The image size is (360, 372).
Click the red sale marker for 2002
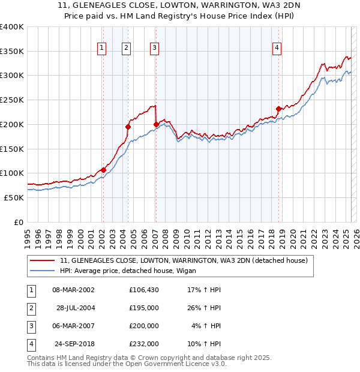tap(103, 170)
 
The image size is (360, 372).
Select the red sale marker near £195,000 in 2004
tap(128, 127)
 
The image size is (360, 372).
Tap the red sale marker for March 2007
tap(156, 124)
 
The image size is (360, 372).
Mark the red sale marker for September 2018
tap(278, 109)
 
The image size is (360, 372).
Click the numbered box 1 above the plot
tap(102, 49)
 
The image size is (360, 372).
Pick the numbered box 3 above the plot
tap(154, 49)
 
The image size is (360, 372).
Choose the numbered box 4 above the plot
tap(277, 49)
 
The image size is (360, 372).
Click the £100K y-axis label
tap(12, 173)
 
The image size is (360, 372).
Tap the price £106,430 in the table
tap(143, 290)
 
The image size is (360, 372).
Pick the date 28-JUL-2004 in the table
tap(76, 308)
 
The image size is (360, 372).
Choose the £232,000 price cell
tap(143, 344)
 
